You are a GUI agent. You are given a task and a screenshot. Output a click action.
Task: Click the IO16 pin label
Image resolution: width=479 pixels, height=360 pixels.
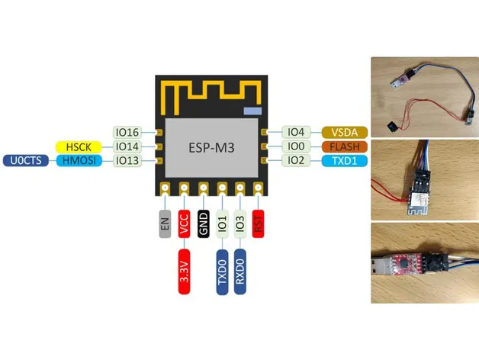[127, 132]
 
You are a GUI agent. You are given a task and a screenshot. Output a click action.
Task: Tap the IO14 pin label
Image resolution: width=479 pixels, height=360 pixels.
[127, 146]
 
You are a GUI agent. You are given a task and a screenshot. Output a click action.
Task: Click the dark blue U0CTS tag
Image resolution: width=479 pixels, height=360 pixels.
[25, 160]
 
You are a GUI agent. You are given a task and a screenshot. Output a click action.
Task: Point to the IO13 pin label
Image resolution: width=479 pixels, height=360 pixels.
[127, 160]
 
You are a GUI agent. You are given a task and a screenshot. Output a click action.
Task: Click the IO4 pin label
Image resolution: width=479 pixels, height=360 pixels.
[296, 132]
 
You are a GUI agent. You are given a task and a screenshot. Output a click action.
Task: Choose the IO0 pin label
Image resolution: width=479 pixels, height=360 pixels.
[296, 146]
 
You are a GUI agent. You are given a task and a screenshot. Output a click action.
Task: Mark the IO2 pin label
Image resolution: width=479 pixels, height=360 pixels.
[296, 160]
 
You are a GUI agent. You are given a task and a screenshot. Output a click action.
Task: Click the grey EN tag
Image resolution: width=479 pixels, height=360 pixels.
[165, 223]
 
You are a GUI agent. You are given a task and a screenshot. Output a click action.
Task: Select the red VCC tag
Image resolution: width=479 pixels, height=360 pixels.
[184, 223]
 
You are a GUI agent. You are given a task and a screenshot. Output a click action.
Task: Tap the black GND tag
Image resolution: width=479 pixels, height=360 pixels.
[203, 223]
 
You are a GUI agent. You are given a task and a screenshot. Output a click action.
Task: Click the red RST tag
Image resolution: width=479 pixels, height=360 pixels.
[259, 223]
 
